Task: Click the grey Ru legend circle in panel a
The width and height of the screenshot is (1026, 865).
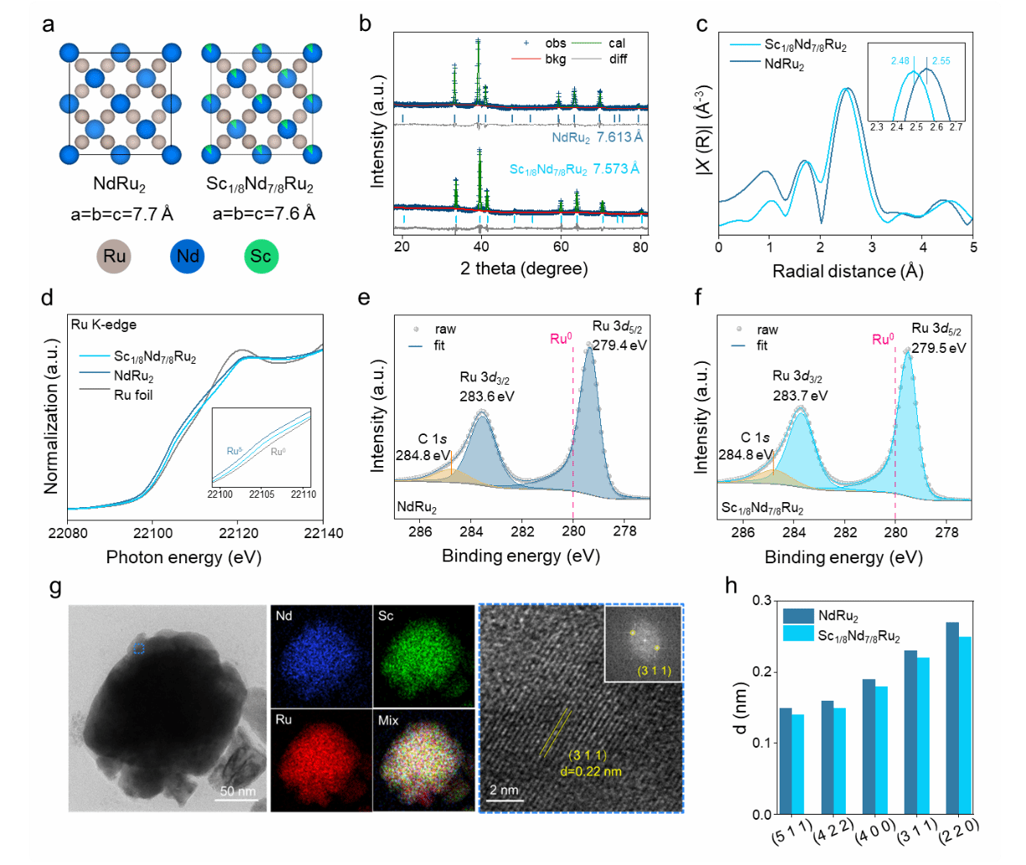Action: coord(115,256)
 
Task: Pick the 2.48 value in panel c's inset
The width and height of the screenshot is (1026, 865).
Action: coord(899,60)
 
